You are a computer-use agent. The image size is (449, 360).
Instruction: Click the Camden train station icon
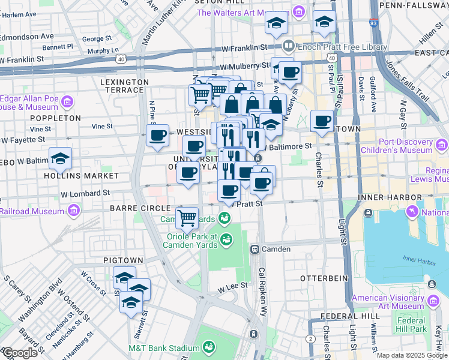point(255,249)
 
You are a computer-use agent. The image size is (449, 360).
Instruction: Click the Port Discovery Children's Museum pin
point(442,145)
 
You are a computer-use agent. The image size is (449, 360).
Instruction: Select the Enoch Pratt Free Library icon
point(289,46)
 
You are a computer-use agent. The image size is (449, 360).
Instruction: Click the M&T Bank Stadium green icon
point(209,347)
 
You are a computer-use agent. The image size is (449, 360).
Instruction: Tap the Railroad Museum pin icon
point(74,211)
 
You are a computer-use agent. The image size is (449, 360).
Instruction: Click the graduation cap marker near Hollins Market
point(60,158)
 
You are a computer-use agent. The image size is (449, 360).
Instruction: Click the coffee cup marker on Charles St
point(322,121)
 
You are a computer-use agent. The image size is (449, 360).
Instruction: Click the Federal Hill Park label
point(411,324)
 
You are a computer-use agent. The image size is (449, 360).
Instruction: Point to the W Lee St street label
point(233,287)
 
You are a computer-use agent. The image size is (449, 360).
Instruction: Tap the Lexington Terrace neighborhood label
point(124,85)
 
